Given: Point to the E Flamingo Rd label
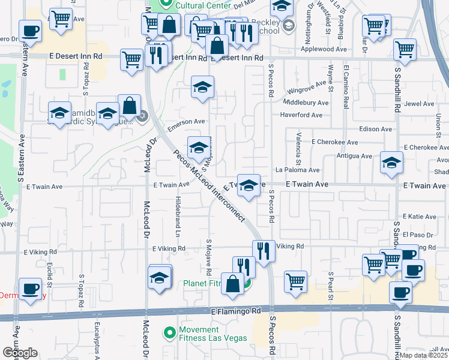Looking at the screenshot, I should (237, 311).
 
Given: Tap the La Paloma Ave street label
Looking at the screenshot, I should (297, 170).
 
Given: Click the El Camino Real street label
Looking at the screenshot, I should (346, 87).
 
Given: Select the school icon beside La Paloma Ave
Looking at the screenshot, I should (391, 163).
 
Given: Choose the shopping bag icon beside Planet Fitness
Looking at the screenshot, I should (232, 284).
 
